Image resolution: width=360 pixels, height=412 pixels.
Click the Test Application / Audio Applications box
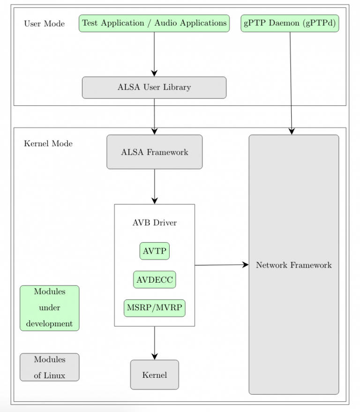(x=154, y=23)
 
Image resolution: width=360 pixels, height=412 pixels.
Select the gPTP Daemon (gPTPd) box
(x=290, y=23)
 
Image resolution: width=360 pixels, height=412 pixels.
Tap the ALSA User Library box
(x=154, y=88)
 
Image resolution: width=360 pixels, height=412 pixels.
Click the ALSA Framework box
(x=155, y=152)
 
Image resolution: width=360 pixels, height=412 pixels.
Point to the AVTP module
(x=155, y=251)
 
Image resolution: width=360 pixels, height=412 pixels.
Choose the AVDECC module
(x=155, y=280)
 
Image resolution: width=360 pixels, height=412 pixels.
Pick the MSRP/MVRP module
(x=155, y=308)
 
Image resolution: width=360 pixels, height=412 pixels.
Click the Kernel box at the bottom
(x=155, y=375)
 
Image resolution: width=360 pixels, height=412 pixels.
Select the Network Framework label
(x=294, y=265)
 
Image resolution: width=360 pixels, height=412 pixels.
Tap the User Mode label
(x=45, y=24)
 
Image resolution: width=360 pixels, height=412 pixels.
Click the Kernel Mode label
(x=48, y=144)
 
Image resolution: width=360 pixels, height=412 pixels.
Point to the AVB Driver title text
(x=155, y=223)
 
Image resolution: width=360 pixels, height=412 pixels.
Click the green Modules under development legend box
(x=50, y=308)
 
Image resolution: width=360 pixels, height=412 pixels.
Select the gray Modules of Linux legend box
(x=50, y=367)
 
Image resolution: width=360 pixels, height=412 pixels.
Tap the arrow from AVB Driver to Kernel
(x=155, y=343)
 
